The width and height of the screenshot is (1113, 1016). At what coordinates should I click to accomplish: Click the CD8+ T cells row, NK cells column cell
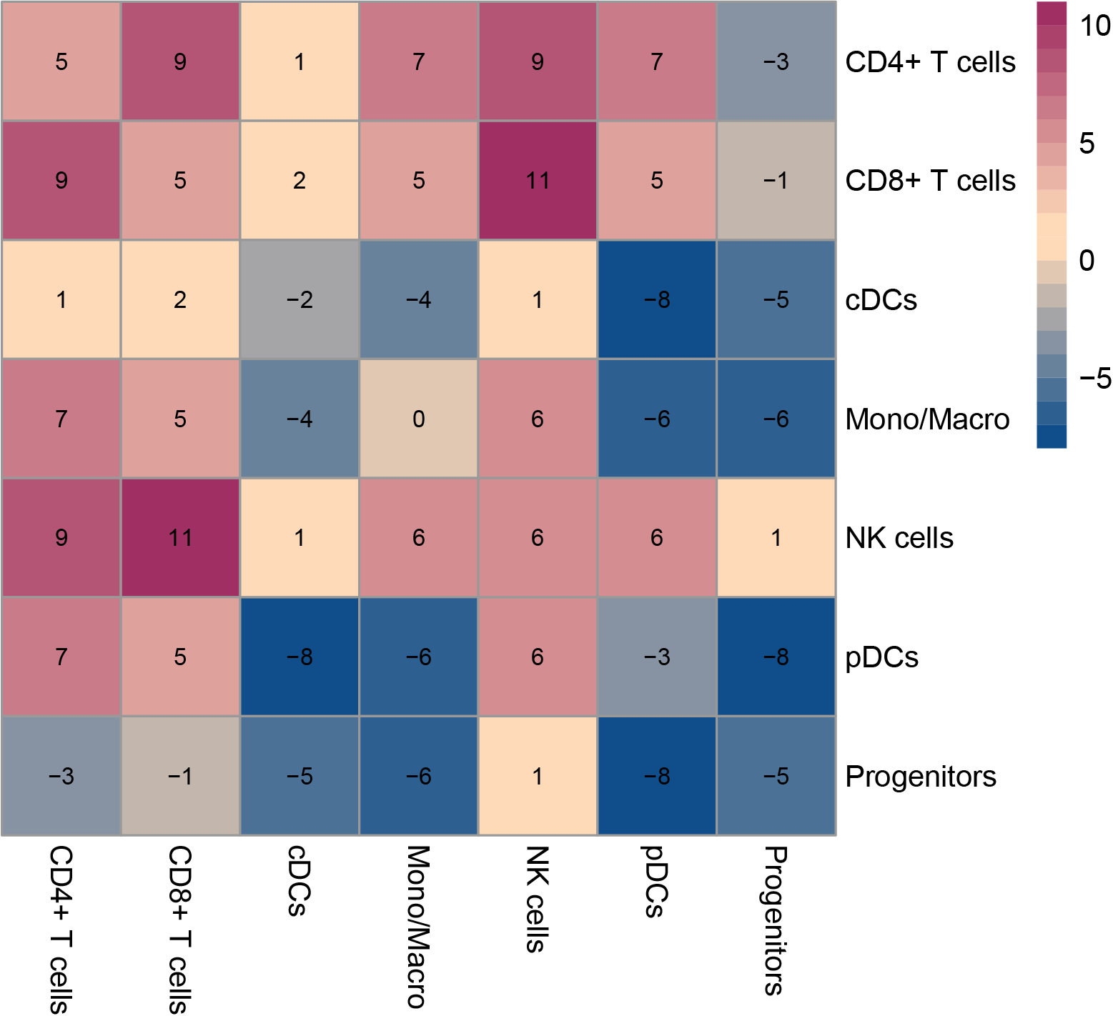tap(538, 180)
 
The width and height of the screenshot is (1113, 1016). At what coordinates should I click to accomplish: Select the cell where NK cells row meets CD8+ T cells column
tap(180, 537)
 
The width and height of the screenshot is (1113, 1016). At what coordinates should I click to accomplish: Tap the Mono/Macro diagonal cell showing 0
tap(419, 419)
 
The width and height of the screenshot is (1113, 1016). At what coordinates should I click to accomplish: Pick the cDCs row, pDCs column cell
tap(657, 299)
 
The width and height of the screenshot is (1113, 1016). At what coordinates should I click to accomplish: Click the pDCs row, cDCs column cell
tap(300, 657)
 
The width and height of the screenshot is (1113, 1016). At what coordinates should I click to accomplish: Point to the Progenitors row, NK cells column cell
tap(538, 776)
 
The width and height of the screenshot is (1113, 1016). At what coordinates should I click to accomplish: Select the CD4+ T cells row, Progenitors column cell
tap(776, 61)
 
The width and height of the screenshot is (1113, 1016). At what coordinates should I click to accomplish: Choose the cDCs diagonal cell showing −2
tap(300, 299)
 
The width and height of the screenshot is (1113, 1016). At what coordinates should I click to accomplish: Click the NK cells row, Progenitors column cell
tap(776, 537)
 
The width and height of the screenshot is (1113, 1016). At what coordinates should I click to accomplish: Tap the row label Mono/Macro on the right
tap(927, 419)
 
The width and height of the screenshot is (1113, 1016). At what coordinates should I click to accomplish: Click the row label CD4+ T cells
tap(930, 62)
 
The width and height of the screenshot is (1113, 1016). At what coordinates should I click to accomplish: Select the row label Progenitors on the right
tap(921, 777)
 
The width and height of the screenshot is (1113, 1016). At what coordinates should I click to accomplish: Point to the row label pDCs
tap(881, 657)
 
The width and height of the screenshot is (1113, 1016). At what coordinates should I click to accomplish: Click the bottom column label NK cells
tap(537, 899)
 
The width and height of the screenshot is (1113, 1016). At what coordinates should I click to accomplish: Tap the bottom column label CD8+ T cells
tap(179, 929)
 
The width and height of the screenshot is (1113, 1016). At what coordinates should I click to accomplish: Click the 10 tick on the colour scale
tap(1094, 26)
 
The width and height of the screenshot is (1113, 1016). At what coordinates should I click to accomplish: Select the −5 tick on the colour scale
tap(1094, 378)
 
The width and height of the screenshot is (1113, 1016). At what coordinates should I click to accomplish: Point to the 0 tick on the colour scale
tap(1087, 261)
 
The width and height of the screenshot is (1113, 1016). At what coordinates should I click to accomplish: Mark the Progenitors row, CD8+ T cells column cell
tap(180, 776)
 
